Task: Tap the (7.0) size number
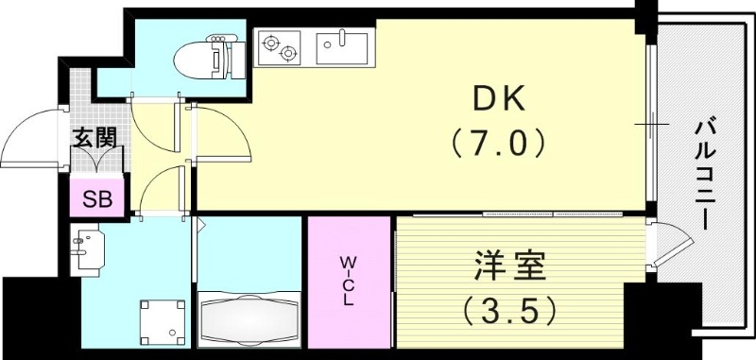point(496,144)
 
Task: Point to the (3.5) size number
point(511,308)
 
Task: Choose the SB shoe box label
point(96,198)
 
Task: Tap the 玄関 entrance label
point(96,138)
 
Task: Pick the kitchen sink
point(341,46)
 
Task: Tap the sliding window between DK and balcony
point(652,124)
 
